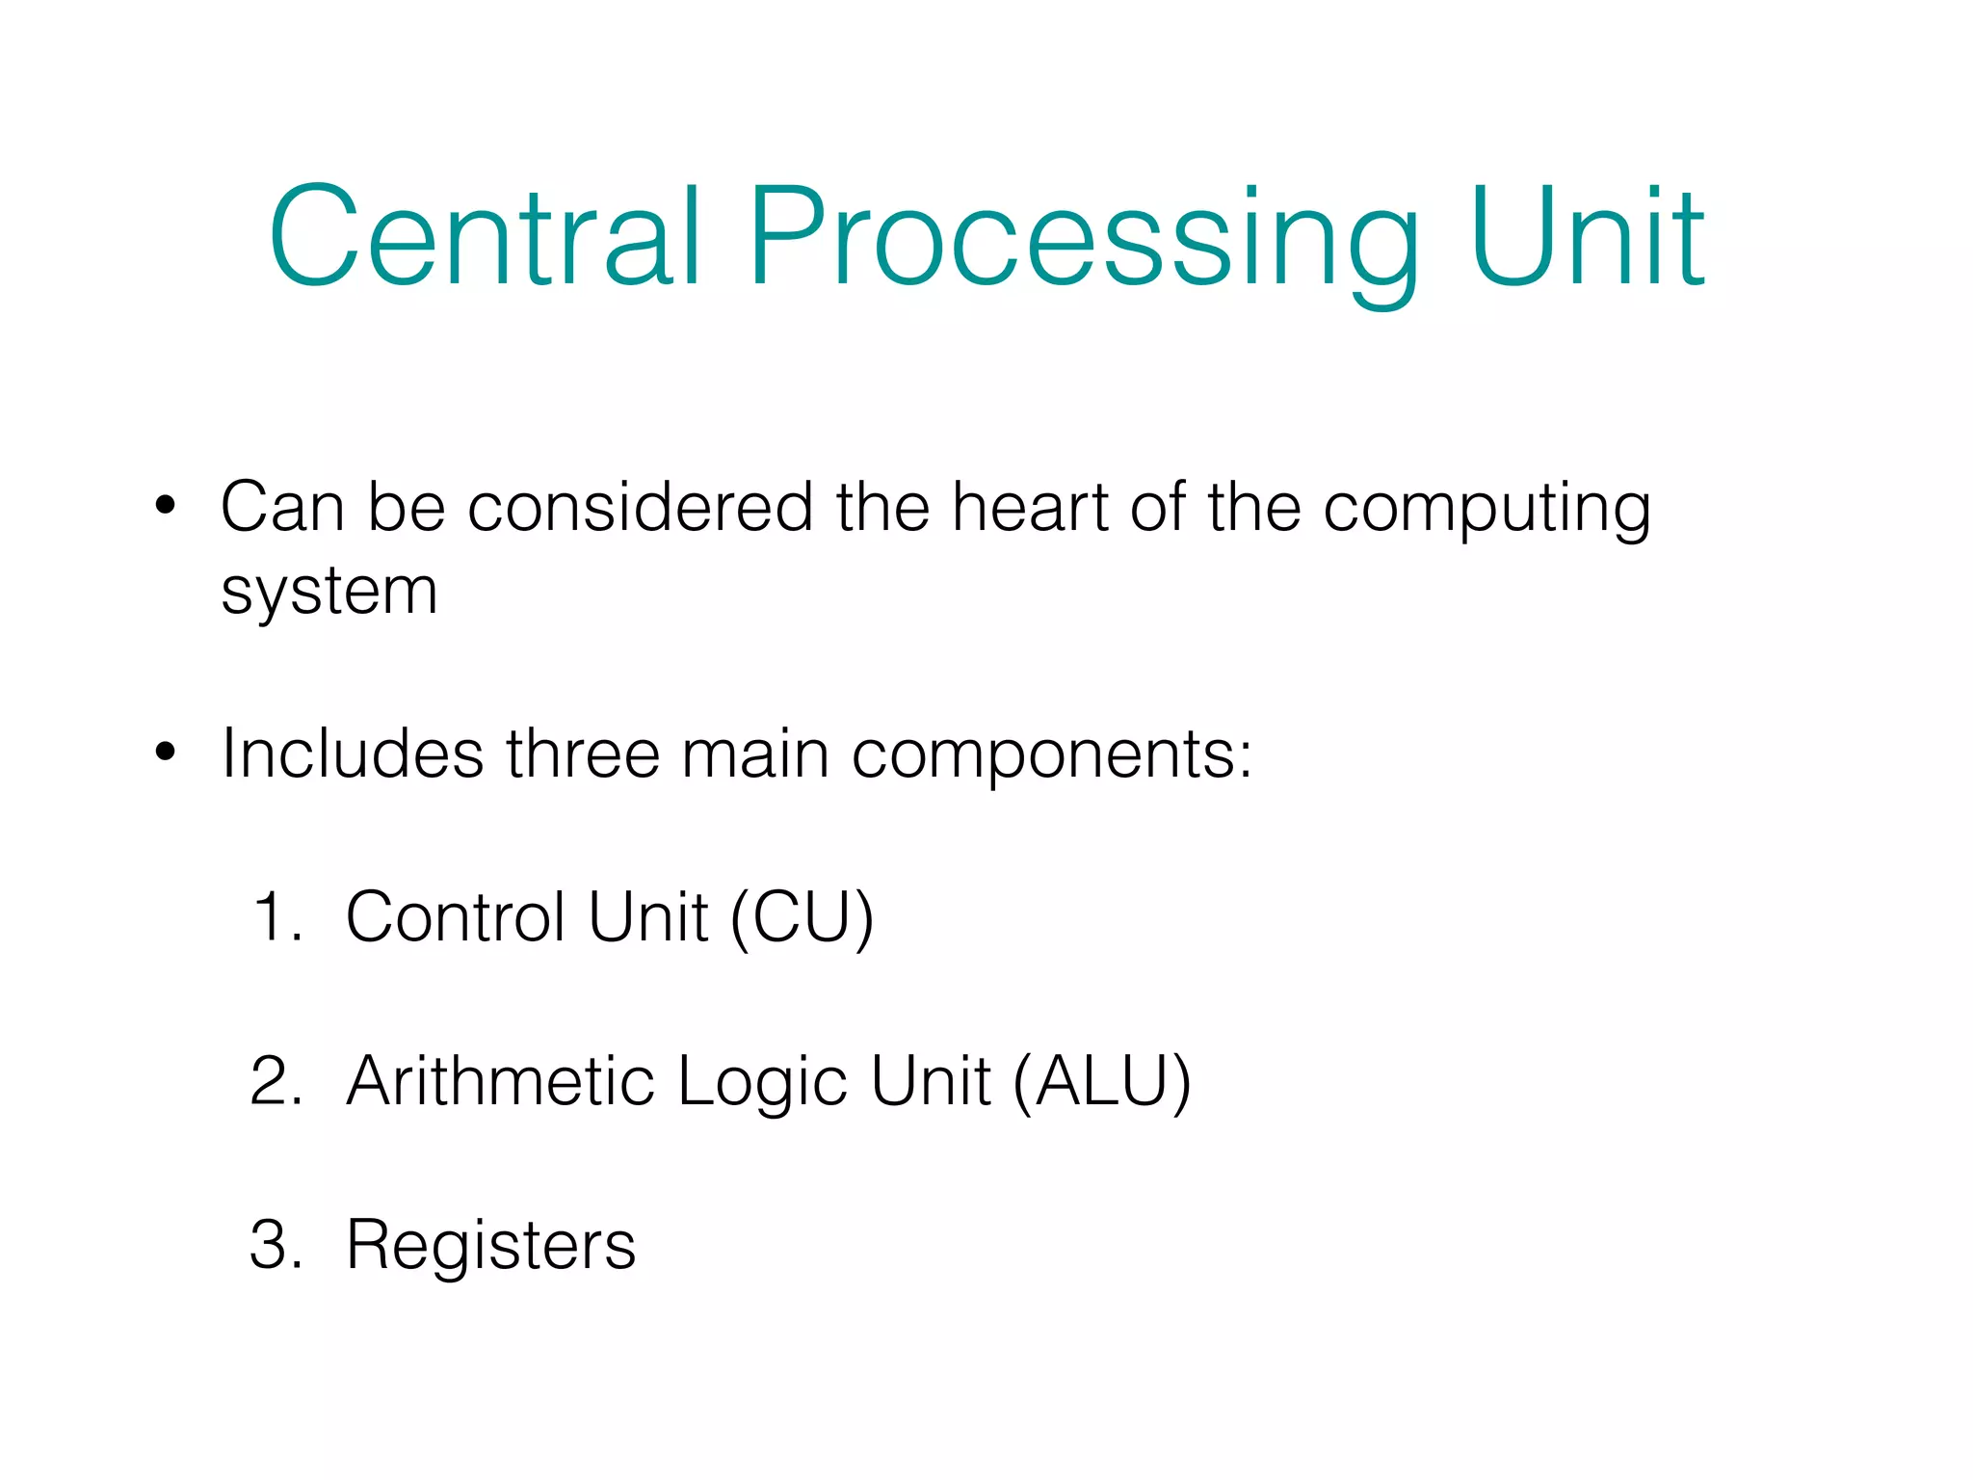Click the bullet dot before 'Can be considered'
(x=166, y=505)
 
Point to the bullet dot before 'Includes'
(x=166, y=752)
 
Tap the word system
(x=329, y=592)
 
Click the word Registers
(x=490, y=1246)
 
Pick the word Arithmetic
(x=500, y=1080)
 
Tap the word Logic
(x=762, y=1083)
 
